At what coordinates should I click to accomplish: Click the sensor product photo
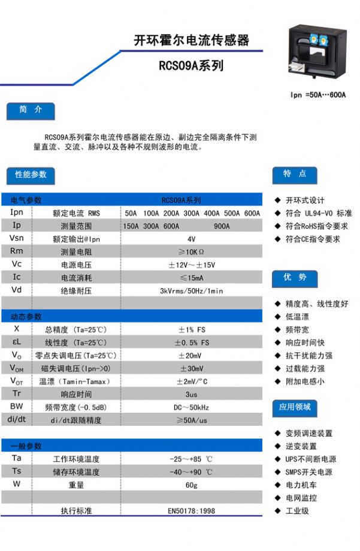317,54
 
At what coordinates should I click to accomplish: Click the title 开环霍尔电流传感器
191,41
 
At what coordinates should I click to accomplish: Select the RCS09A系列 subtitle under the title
191,66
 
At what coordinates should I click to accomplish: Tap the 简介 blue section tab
31,111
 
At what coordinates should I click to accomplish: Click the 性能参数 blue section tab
31,175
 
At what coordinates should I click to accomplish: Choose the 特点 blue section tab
295,174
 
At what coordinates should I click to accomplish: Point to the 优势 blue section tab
295,278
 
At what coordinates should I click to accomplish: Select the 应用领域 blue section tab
295,407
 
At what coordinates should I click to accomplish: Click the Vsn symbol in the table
17,238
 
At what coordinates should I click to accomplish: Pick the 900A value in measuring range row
222,226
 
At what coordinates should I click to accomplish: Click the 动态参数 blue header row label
27,317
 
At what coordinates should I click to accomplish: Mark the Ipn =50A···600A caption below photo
318,95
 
